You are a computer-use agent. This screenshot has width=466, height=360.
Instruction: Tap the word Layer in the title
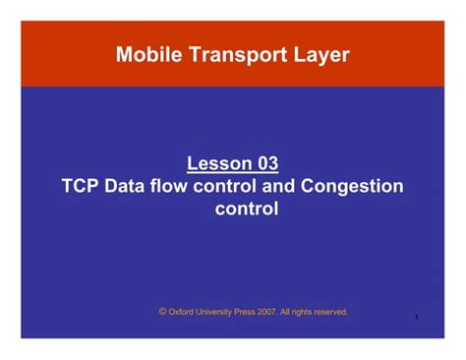tap(317, 55)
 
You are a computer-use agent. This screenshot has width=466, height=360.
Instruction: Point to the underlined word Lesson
tap(216, 163)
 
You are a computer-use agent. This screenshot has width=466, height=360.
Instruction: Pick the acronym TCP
tap(81, 186)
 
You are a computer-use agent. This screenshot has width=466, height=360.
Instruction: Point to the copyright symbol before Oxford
tap(162, 311)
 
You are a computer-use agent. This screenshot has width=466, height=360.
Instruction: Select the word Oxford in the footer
tap(183, 312)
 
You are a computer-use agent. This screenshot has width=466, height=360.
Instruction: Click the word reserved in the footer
tap(334, 312)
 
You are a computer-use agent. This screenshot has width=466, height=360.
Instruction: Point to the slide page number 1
tap(418, 319)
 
